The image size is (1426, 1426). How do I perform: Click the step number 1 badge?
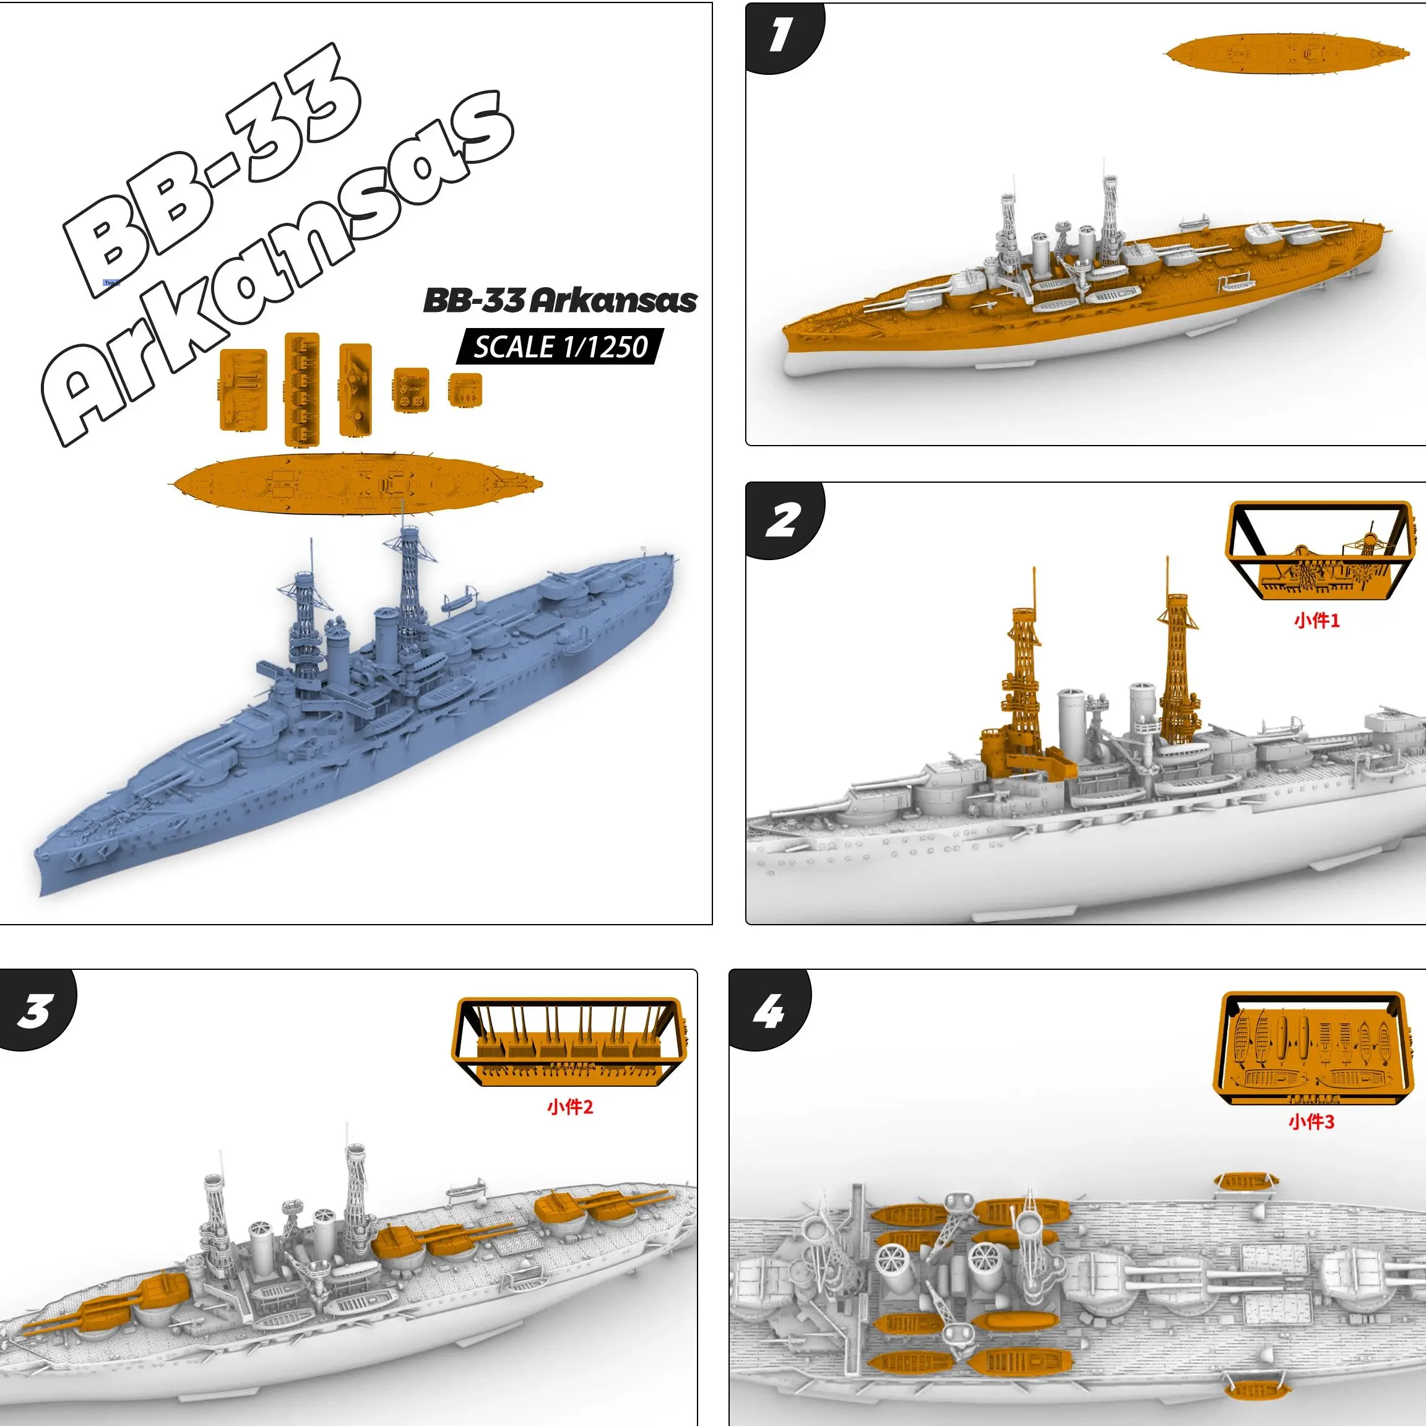pos(781,35)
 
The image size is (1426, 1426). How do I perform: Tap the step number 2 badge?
pos(782,520)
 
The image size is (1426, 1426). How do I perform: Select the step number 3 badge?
pos(35,1009)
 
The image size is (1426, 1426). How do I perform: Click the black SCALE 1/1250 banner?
pos(560,347)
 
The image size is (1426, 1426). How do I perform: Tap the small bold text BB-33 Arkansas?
pos(560,300)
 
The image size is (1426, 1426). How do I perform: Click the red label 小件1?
pos(1316,620)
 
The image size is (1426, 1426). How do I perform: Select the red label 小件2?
pos(570,1107)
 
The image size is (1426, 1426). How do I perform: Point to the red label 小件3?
pos(1311,1122)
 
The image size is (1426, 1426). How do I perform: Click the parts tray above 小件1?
pos(1319,550)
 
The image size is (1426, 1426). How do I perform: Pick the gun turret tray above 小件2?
pos(570,1042)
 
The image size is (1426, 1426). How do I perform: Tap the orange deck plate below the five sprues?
pos(356,483)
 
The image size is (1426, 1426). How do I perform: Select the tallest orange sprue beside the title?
pos(302,389)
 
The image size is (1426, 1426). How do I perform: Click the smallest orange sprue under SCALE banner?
pos(465,389)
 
